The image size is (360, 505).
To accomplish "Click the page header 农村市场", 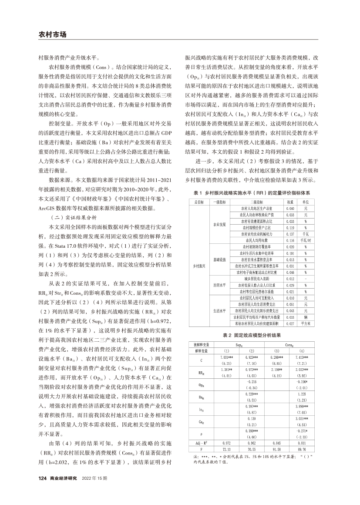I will [x=51, y=35].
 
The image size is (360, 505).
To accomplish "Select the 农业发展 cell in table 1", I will [x=220, y=224].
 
